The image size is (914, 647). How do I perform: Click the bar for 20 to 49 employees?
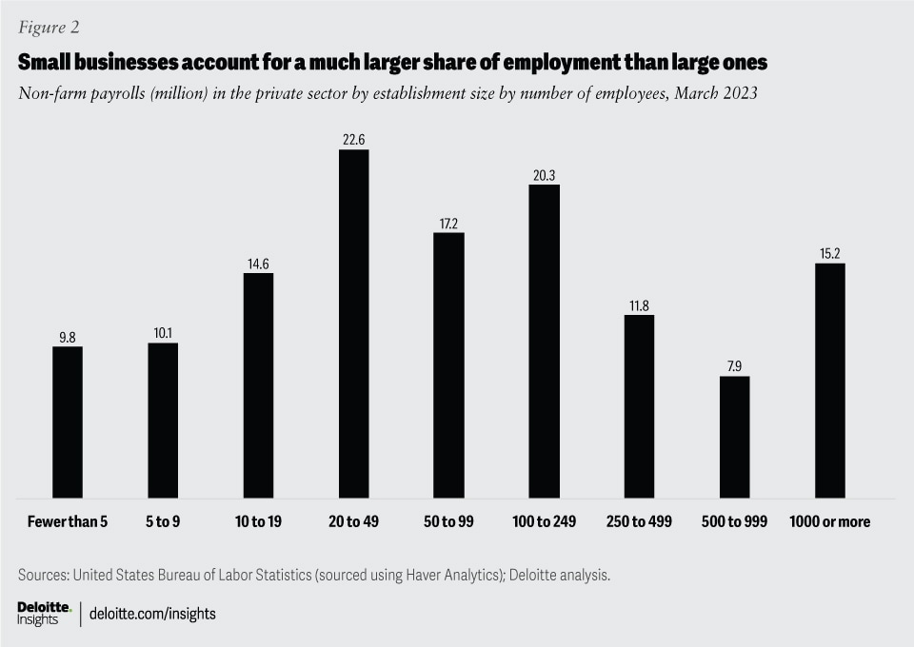click(x=353, y=323)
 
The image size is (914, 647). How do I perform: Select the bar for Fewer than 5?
click(x=68, y=422)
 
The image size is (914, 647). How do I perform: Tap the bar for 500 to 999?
click(x=734, y=437)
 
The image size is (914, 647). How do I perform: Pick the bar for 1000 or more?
click(x=829, y=381)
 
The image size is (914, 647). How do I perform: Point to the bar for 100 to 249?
click(x=544, y=341)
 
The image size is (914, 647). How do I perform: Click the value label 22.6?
click(x=353, y=140)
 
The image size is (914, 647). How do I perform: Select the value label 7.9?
click(x=734, y=366)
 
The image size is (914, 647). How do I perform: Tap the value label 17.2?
click(x=448, y=223)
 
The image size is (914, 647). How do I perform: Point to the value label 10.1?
click(x=163, y=333)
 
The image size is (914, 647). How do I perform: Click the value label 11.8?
click(x=639, y=304)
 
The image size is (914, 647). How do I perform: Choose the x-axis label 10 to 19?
click(x=258, y=522)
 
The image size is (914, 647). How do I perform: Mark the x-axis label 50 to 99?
click(x=448, y=522)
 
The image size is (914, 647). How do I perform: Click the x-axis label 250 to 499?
click(x=639, y=522)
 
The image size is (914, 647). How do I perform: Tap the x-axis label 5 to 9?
click(x=163, y=522)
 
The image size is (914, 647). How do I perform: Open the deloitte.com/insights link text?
click(x=152, y=614)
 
